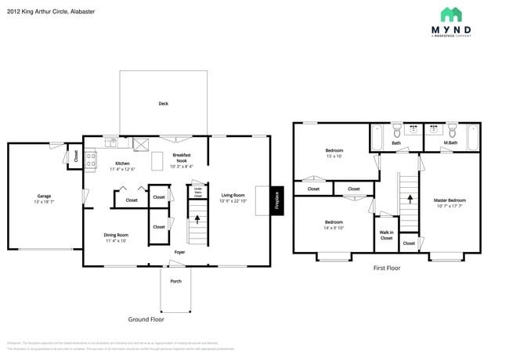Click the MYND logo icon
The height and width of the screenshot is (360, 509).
click(450, 15)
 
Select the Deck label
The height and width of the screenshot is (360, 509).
click(163, 103)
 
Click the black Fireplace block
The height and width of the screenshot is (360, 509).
click(276, 200)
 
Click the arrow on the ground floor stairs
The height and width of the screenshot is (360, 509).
click(197, 220)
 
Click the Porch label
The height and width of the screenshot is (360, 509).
click(175, 281)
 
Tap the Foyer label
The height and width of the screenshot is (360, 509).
click(179, 253)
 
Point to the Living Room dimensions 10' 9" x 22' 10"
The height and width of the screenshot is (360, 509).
click(233, 201)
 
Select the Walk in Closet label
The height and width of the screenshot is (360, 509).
click(386, 235)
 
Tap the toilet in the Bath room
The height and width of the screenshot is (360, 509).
click(397, 130)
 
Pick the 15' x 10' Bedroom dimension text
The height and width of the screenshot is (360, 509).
click(334, 156)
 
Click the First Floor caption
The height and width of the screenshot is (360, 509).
click(387, 268)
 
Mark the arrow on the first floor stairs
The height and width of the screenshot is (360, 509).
click(408, 200)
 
